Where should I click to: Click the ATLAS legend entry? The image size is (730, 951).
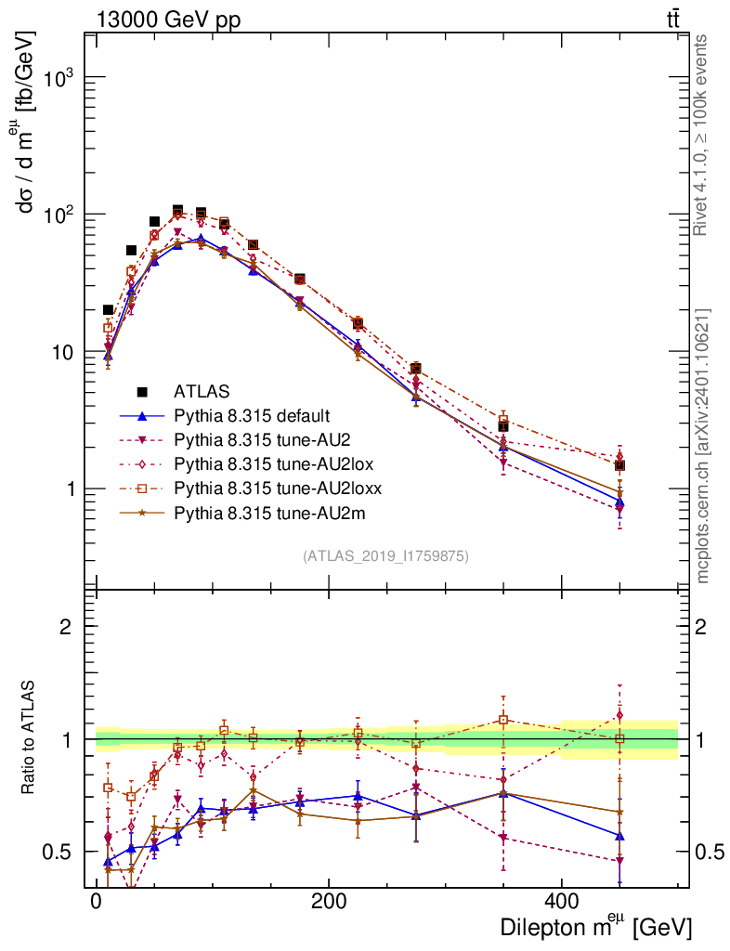(202, 391)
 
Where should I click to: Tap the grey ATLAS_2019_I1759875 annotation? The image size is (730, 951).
(385, 556)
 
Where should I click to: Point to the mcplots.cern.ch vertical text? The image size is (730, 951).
(702, 446)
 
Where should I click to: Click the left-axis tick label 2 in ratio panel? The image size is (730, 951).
(66, 627)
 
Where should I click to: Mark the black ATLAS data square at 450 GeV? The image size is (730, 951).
(619, 465)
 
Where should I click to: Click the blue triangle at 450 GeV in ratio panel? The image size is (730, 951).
(619, 835)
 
